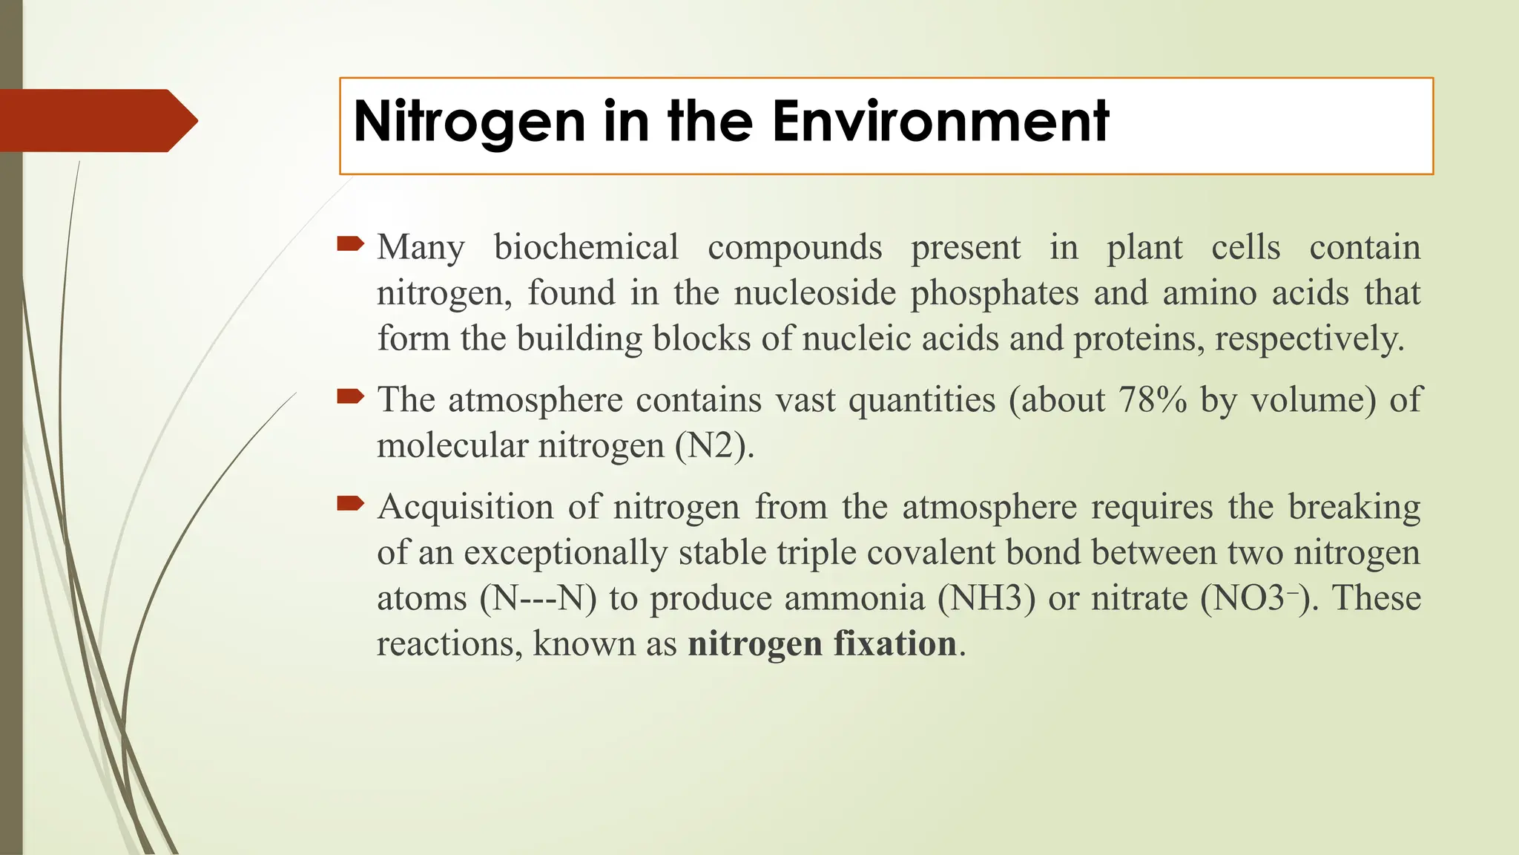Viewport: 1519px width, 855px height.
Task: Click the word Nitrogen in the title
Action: click(470, 122)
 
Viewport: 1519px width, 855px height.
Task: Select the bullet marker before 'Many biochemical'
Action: click(350, 243)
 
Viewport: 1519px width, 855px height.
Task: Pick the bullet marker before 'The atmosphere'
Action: click(350, 396)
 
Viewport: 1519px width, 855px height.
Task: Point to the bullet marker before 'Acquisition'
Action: click(350, 504)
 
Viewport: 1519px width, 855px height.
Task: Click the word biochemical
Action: click(586, 248)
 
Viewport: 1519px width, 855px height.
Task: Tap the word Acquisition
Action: click(465, 508)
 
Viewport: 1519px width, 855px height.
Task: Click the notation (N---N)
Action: click(538, 599)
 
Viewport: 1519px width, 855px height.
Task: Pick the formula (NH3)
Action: click(986, 599)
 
